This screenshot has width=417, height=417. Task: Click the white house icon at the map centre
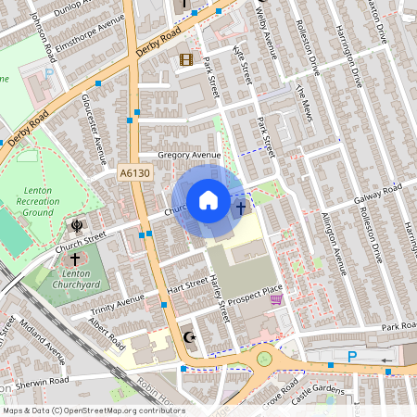[x=208, y=200]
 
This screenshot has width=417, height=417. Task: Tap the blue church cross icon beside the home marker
[x=241, y=208]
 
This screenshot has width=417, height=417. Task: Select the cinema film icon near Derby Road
[x=186, y=60]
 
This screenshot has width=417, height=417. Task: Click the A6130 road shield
[x=134, y=172]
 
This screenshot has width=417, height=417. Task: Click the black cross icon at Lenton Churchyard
[x=73, y=260]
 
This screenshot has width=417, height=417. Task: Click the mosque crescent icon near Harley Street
[x=192, y=337]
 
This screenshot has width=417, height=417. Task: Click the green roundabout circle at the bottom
[x=265, y=359]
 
